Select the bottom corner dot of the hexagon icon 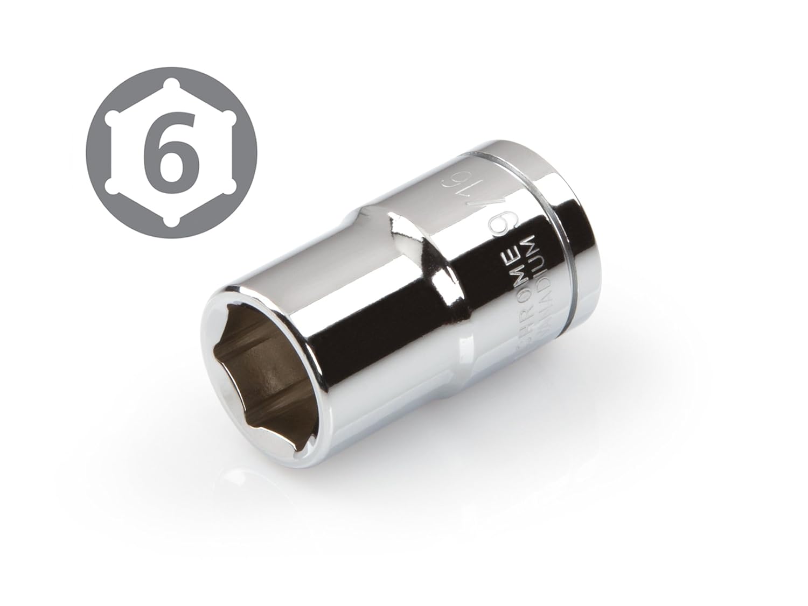pyautogui.click(x=171, y=222)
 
